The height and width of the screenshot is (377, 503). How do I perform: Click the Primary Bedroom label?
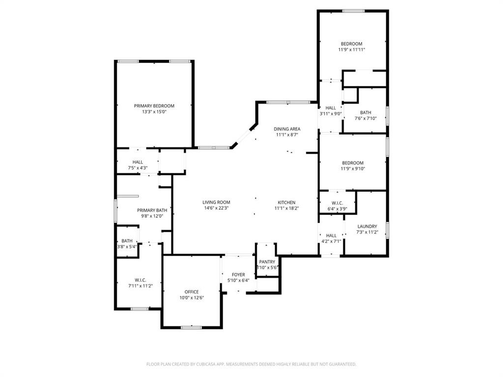click(x=154, y=106)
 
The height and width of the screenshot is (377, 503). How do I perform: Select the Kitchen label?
click(x=286, y=202)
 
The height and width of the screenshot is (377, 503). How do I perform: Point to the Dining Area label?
click(x=287, y=129)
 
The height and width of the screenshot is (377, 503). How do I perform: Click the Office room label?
click(x=192, y=292)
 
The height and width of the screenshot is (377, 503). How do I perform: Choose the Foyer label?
click(x=238, y=274)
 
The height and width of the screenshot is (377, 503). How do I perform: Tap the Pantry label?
click(x=267, y=262)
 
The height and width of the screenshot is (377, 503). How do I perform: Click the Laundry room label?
click(x=367, y=226)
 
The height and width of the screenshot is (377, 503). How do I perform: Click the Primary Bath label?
click(x=152, y=210)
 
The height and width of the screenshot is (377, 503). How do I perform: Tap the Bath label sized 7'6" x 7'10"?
click(x=365, y=112)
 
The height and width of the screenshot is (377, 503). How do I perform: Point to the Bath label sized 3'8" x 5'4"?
click(x=127, y=241)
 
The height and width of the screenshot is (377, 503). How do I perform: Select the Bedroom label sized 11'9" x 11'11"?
click(x=352, y=44)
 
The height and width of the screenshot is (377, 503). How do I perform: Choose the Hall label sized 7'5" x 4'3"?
click(x=138, y=162)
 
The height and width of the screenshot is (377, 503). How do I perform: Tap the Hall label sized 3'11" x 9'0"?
click(x=331, y=108)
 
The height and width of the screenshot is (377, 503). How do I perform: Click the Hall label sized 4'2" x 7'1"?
click(x=331, y=236)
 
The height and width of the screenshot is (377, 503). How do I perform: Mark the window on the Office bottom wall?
click(x=191, y=327)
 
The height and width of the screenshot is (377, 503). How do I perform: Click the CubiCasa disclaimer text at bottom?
click(x=251, y=364)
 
